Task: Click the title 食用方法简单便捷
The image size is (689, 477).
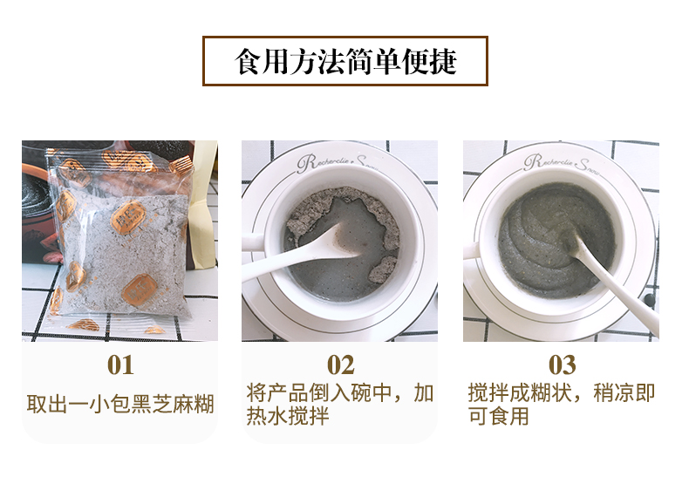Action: point(345,62)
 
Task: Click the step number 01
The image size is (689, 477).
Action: point(119,365)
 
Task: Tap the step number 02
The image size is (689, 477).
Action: point(340,365)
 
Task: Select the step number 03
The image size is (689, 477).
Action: point(561,365)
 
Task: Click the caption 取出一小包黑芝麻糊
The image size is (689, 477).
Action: point(119,405)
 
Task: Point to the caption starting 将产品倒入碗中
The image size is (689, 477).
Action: point(339,405)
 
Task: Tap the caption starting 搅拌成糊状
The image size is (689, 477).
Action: point(561,405)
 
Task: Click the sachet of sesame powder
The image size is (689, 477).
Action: point(122,244)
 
